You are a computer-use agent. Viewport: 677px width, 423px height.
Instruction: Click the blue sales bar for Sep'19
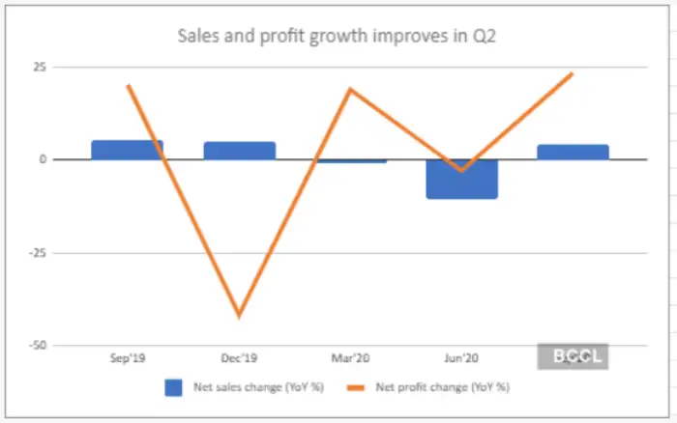[128, 150]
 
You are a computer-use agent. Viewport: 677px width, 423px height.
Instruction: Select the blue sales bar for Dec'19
[239, 151]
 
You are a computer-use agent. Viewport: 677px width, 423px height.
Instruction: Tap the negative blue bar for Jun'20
[461, 179]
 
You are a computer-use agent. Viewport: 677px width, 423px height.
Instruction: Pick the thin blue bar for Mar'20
[351, 161]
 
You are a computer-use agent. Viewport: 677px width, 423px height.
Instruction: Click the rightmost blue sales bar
[573, 152]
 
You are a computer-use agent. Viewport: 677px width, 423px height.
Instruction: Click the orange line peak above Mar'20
[350, 89]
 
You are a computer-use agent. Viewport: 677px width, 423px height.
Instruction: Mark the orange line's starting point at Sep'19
[128, 85]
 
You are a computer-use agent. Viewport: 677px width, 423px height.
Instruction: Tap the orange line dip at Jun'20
[461, 171]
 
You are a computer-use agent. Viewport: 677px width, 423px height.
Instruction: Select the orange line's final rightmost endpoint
[573, 73]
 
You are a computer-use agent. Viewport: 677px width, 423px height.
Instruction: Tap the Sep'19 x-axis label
[128, 356]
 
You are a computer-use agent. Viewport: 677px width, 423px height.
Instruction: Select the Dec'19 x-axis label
[239, 356]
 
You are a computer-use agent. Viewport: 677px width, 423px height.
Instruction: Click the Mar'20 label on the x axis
[350, 356]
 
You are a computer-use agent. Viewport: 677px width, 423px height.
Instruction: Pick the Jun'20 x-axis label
[461, 356]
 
